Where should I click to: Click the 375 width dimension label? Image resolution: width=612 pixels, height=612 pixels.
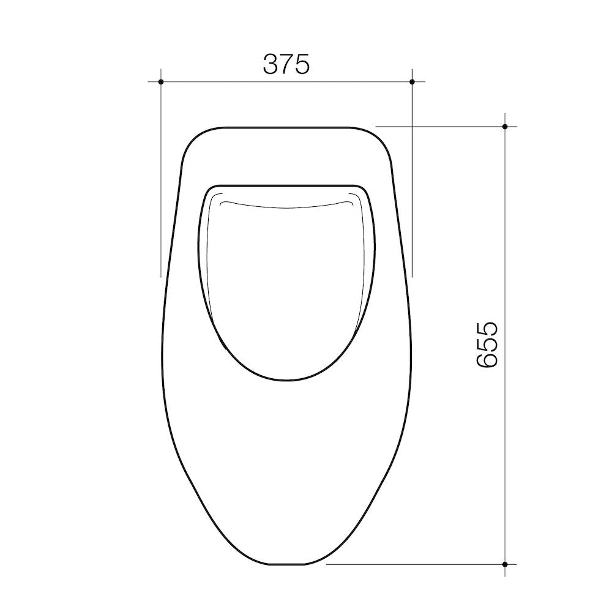286,64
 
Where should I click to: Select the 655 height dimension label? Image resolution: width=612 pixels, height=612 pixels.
487,345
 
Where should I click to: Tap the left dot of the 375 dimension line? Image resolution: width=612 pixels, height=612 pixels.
161,82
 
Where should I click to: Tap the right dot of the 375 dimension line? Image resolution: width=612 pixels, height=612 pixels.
412,82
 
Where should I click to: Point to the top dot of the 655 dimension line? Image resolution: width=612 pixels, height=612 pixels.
505,127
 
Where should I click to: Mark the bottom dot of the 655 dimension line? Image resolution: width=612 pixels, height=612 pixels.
505,564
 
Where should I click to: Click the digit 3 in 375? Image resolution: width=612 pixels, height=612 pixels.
271,64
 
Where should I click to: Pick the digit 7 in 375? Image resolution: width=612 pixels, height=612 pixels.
287,64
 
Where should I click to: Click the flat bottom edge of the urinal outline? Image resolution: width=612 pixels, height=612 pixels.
286,564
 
